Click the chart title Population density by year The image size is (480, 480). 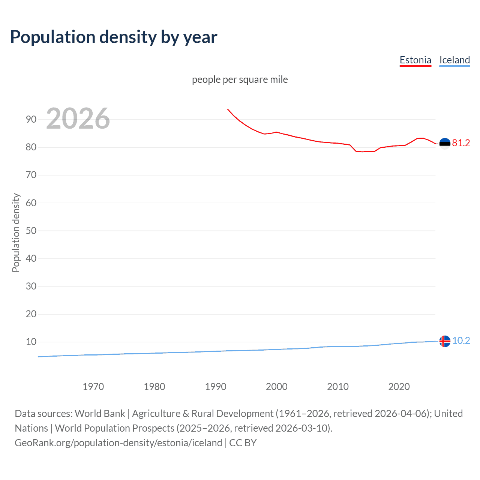click(114, 37)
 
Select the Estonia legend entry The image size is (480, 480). click(415, 60)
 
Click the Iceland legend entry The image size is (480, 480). click(454, 60)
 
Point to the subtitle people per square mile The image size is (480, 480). click(240, 80)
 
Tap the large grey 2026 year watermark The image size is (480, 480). click(78, 118)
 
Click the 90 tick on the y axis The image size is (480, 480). click(31, 120)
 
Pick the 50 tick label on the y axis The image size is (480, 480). click(31, 231)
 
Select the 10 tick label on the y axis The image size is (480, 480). click(31, 342)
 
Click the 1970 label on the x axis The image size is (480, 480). click(93, 387)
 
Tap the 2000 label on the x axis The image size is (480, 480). click(276, 387)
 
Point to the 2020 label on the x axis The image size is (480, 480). click(399, 387)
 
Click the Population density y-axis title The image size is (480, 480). click(16, 232)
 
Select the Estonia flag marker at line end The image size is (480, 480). click(445, 143)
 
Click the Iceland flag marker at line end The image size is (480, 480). click(445, 341)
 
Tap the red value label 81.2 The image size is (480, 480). click(461, 143)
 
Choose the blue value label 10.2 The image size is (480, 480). click(461, 340)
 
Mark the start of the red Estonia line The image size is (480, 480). click(228, 109)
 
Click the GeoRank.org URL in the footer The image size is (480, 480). click(118, 443)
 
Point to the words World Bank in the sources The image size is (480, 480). click(100, 414)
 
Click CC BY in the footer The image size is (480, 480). click(243, 443)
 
